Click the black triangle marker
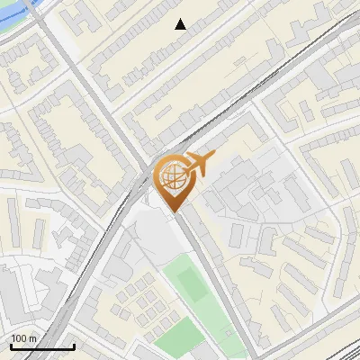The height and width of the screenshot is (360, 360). click(181, 24)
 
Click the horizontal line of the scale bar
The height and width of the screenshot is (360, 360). click(41, 346)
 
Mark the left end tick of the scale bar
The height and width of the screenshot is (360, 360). click(10, 345)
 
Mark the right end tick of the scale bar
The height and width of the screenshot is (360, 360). click(74, 345)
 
